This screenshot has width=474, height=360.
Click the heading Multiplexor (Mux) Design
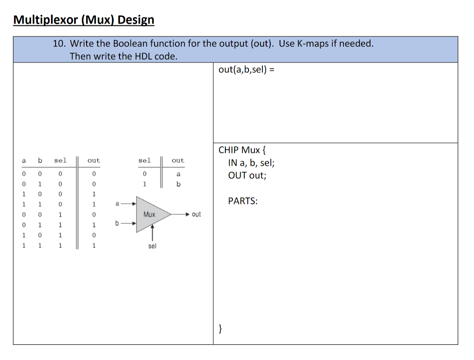84,20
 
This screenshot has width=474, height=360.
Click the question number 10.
59,43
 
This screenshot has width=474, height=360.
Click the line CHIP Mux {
242,150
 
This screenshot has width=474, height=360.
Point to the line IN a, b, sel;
251,162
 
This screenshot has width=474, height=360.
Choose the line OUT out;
247,175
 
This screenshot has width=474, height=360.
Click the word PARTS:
243,201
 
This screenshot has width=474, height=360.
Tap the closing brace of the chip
220,329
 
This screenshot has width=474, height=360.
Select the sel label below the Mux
152,246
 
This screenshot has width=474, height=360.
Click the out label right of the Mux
196,214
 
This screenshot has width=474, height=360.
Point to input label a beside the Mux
117,203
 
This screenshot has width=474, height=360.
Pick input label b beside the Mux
117,223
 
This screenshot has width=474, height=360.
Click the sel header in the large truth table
60,161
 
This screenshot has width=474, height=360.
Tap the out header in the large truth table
94,161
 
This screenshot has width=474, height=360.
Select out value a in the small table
178,174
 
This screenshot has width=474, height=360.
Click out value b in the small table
178,184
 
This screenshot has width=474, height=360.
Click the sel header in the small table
144,161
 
